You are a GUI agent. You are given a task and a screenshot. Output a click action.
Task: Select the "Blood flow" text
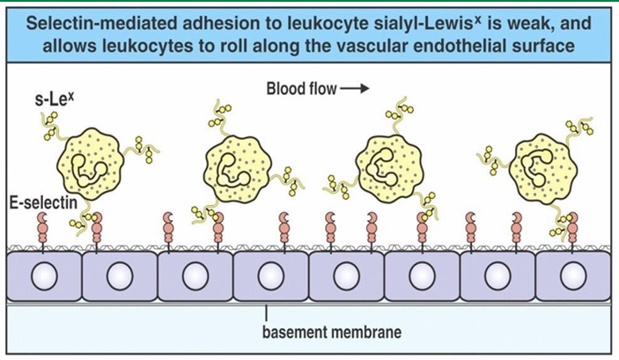pyautogui.click(x=300, y=89)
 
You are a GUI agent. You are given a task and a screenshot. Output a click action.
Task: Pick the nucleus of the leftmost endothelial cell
pyautogui.click(x=43, y=276)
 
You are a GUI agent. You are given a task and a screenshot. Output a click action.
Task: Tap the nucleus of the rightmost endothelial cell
pyautogui.click(x=573, y=276)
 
